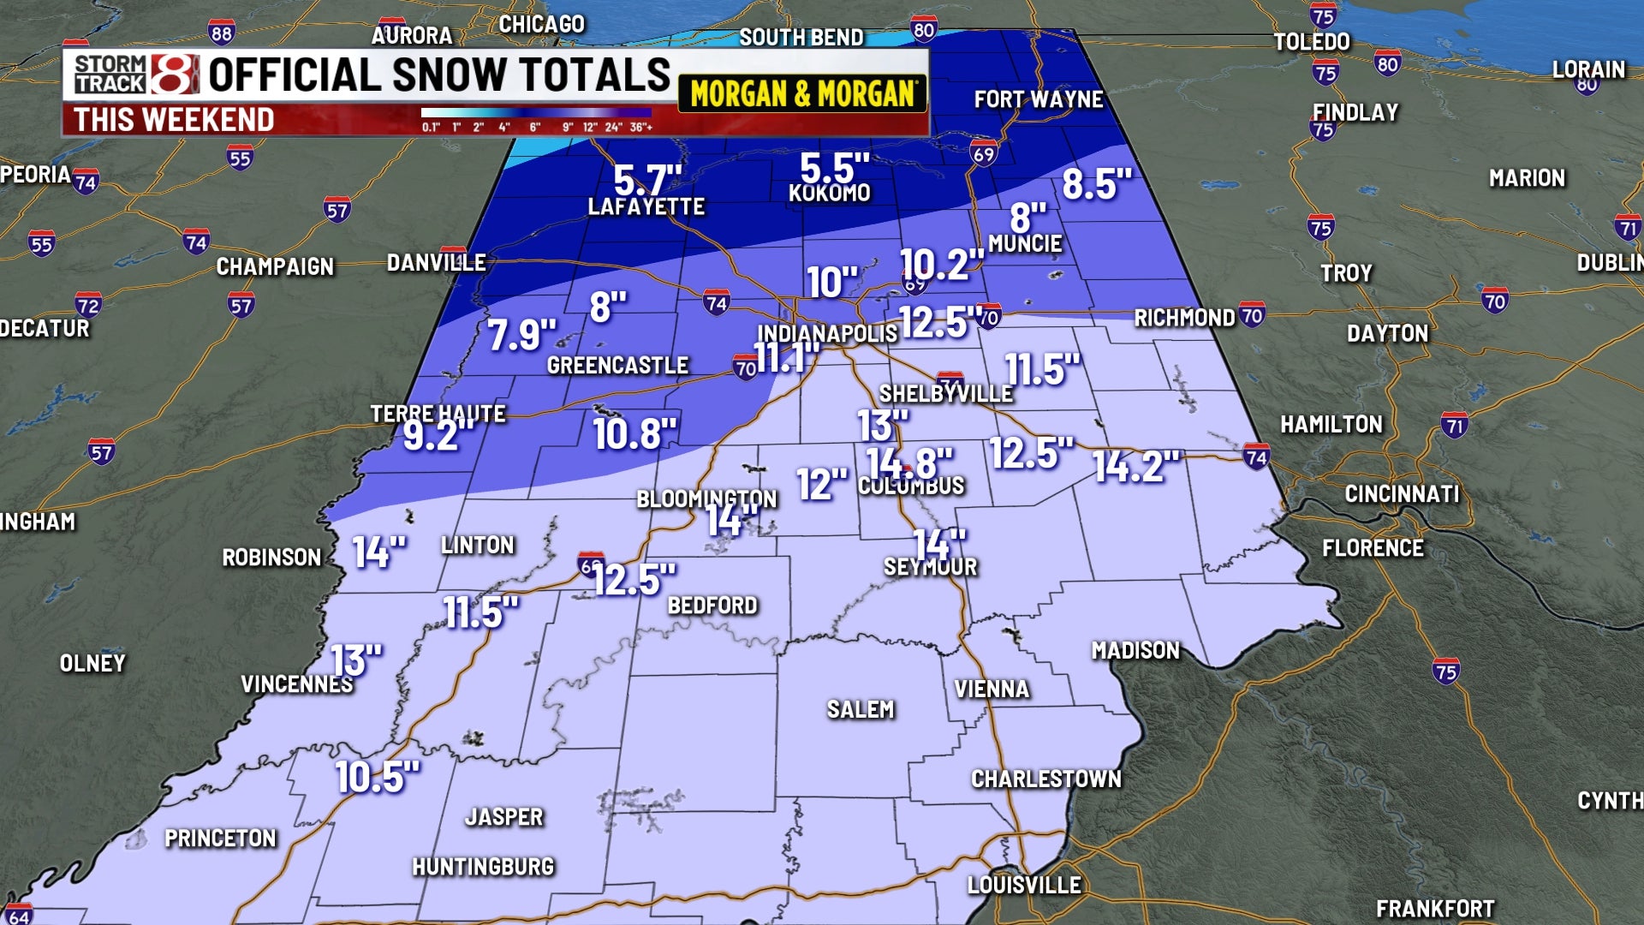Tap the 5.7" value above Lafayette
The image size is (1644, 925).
pos(647,180)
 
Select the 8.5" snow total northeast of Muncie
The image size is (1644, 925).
pos(1096,183)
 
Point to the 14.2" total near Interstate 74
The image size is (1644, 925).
pos(1135,467)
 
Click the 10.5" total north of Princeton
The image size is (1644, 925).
pos(377,777)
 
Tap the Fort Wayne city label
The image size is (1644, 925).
pos(1038,100)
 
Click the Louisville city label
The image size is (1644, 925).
pos(1024,885)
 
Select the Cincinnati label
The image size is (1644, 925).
pos(1401,494)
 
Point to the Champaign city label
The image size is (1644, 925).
pos(275,267)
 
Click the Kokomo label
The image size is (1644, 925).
pos(829,194)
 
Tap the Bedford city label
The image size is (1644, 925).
pos(712,606)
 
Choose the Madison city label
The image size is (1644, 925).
pos(1135,651)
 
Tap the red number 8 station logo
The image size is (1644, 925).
pos(175,74)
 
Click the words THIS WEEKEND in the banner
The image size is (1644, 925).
pos(174,120)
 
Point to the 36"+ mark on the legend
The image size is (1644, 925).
pos(641,128)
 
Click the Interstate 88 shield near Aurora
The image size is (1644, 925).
pos(221,33)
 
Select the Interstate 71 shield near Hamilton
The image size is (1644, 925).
pos(1454,425)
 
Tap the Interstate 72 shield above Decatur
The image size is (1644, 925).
pos(87,305)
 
